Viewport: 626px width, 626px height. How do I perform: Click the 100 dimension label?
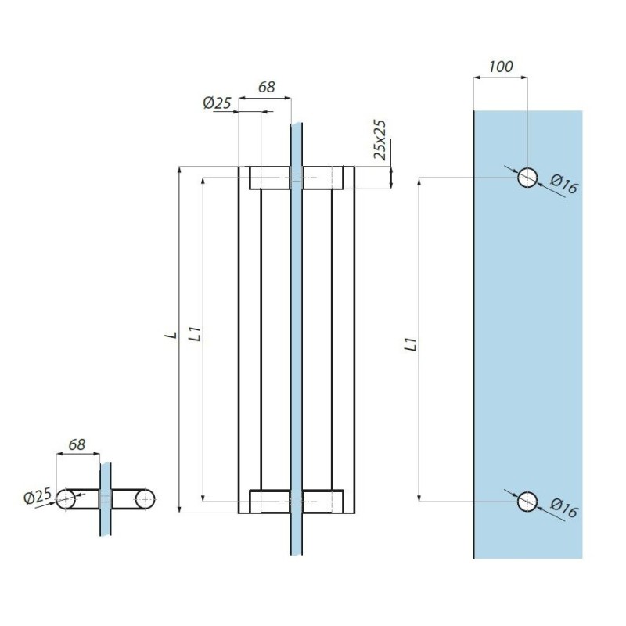pos(500,67)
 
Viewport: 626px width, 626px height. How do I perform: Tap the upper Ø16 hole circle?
pos(527,178)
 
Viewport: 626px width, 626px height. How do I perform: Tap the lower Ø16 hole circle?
pos(527,501)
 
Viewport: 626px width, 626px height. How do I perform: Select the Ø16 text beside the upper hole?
pos(563,185)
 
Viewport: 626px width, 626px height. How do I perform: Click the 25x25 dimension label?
pos(380,139)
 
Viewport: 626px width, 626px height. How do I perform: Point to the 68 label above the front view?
pos(266,88)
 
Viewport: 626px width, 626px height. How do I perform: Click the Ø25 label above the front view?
pos(216,103)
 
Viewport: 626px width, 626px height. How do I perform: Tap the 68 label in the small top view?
pos(77,444)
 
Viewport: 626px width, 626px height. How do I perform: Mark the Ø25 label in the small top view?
pos(38,496)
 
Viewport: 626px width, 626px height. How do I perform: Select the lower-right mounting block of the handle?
pos(323,501)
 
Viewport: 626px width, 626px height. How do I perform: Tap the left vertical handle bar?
pos(249,336)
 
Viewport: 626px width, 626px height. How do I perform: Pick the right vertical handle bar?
pos(343,336)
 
